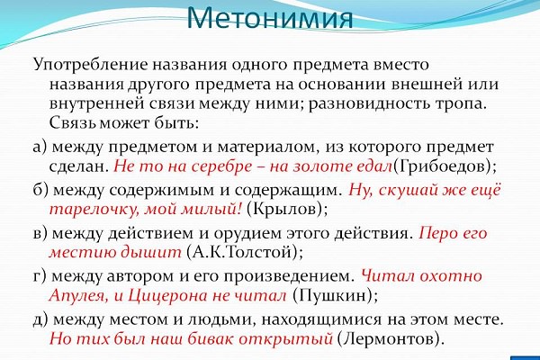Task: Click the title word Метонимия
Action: pyautogui.click(x=270, y=17)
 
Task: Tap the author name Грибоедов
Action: pyautogui.click(x=441, y=166)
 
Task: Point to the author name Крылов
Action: pyautogui.click(x=284, y=209)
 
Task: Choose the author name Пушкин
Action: pyautogui.click(x=330, y=295)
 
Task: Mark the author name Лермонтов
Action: pyautogui.click(x=386, y=339)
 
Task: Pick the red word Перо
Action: pyautogui.click(x=435, y=234)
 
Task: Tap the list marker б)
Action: pyautogui.click(x=40, y=190)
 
